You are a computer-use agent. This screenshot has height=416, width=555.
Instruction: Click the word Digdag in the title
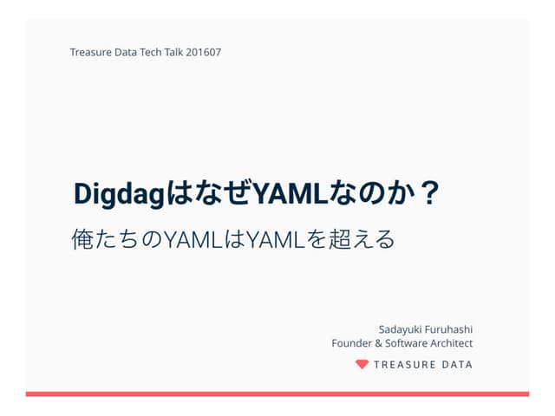[x=119, y=194]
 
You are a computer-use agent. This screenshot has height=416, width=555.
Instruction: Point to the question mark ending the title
[x=428, y=192]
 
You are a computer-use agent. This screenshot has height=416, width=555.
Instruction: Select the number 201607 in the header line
[x=204, y=52]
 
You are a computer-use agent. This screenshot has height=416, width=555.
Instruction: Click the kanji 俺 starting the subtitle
[x=83, y=237]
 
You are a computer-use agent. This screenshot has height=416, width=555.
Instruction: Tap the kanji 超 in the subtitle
[x=342, y=237]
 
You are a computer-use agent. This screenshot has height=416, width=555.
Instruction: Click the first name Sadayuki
[x=402, y=329]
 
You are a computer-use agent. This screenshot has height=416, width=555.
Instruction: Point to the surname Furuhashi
[x=451, y=329]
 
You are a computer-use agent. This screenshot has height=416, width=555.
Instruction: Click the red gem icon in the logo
[x=362, y=364]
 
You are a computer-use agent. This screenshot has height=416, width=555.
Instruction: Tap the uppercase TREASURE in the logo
[x=405, y=365]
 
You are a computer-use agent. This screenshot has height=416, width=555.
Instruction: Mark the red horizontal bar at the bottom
[x=277, y=393]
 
